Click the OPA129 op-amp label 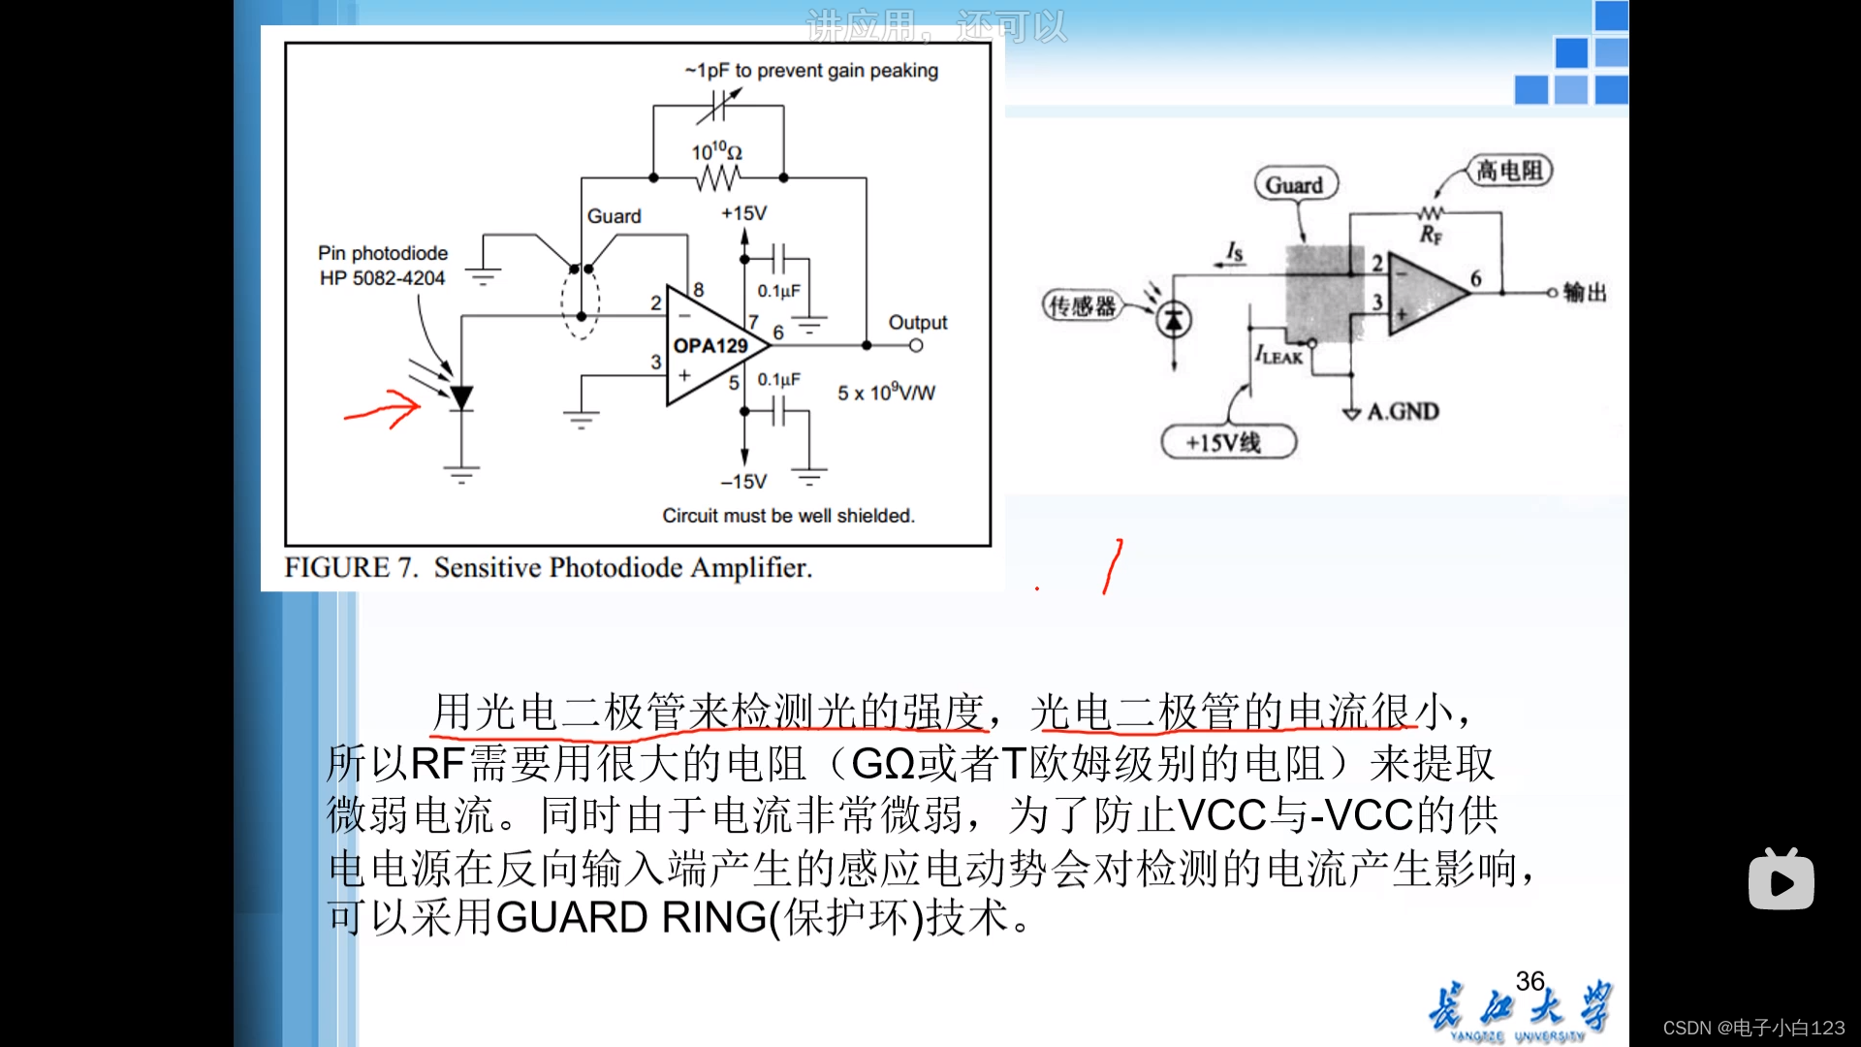pos(710,346)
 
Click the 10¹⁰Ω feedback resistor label pos(716,152)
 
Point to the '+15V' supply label pos(743,213)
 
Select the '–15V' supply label pos(743,482)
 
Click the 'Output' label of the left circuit pos(917,323)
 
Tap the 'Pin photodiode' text pos(383,253)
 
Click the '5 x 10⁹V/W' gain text pos(886,393)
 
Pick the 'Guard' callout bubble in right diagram pos(1295,184)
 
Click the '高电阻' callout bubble pos(1509,172)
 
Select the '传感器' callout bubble pos(1082,306)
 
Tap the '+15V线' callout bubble pos(1227,443)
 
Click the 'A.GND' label pos(1403,412)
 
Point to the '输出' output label pos(1585,292)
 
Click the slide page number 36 pos(1530,981)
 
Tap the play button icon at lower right pos(1782,881)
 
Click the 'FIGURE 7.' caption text pos(351,567)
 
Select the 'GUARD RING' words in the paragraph pos(631,917)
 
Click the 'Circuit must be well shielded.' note pos(788,516)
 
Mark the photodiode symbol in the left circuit pos(461,397)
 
